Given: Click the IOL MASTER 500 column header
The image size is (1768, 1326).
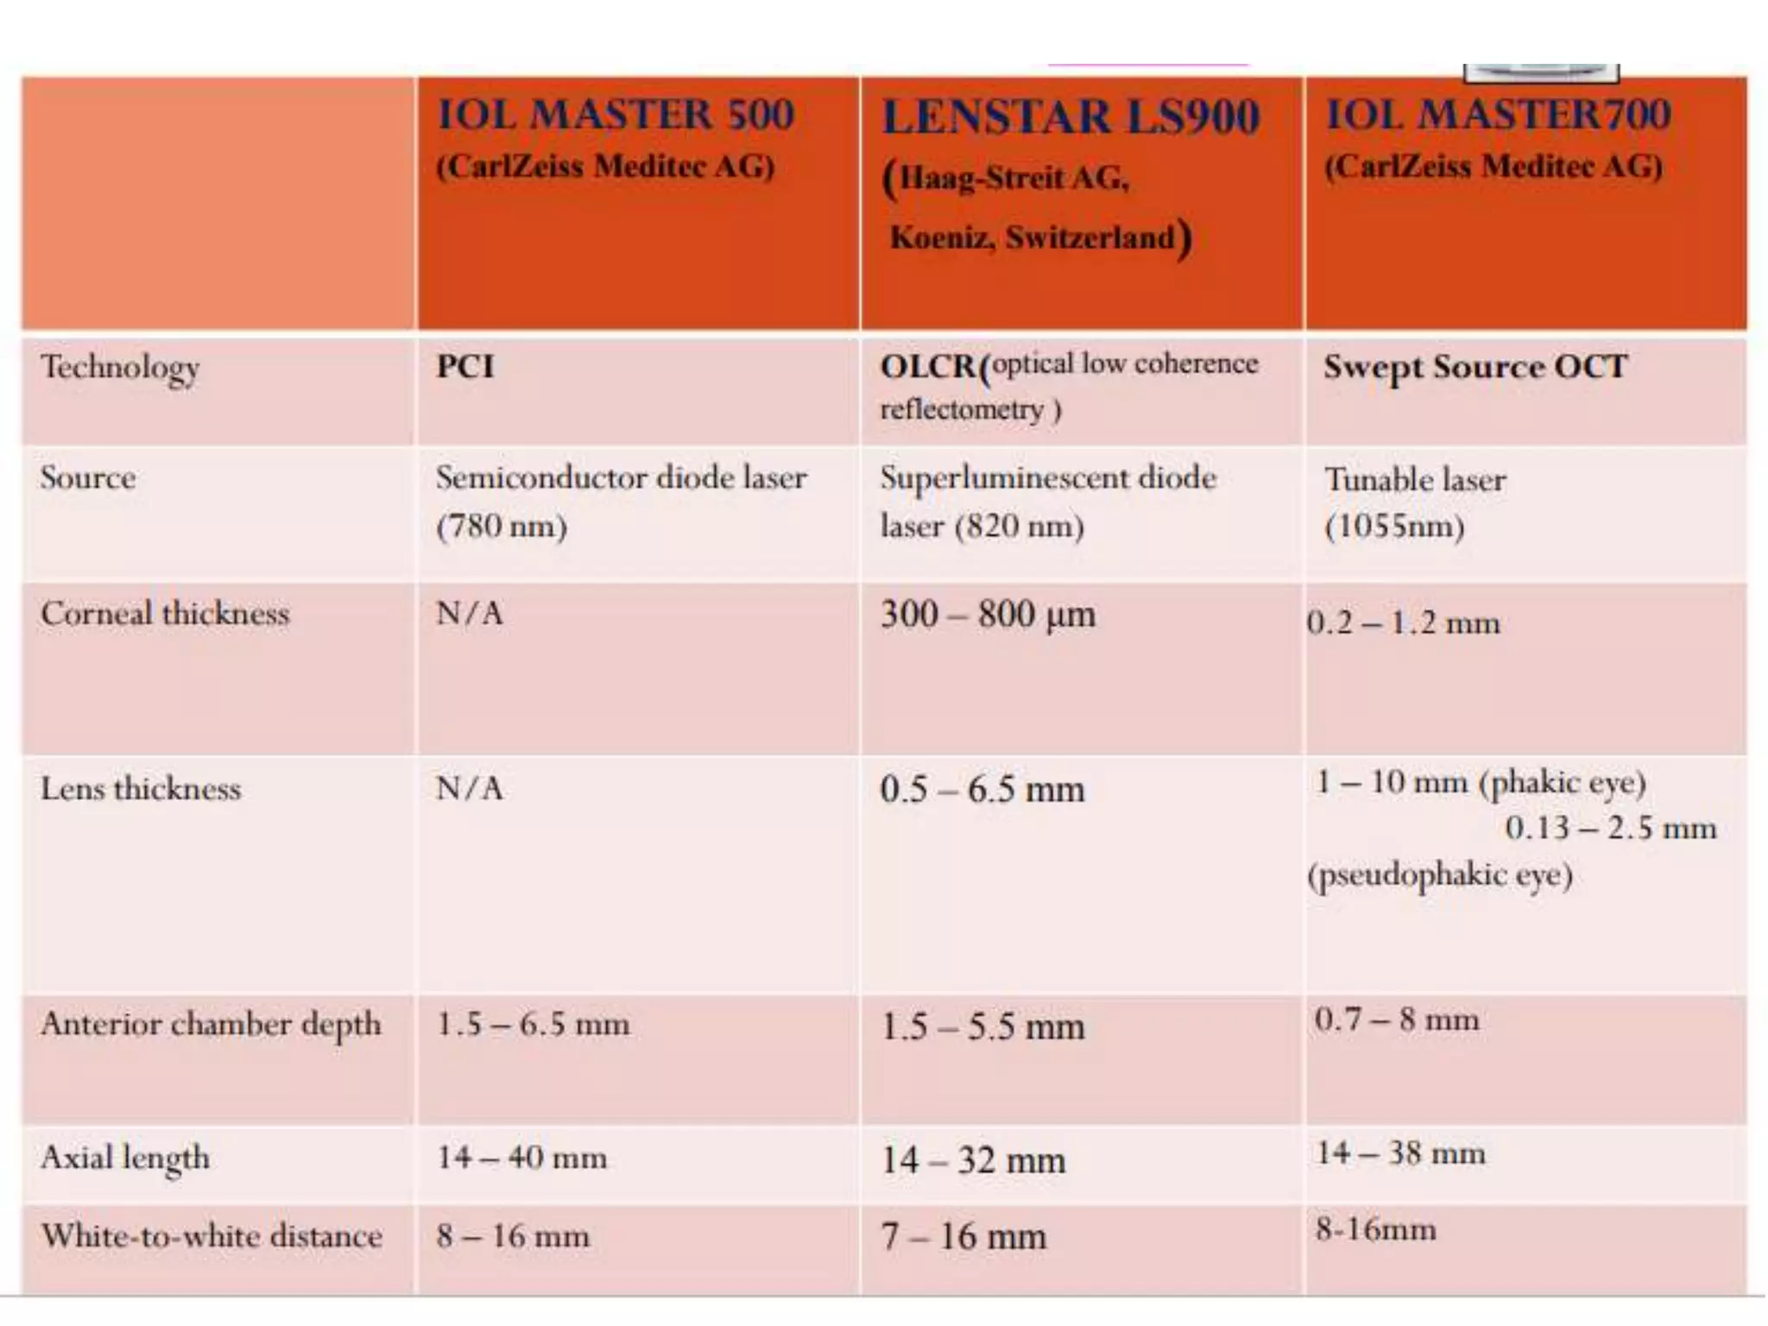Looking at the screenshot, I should click(615, 116).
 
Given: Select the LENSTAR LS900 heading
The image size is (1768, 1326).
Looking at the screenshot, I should click(1070, 118).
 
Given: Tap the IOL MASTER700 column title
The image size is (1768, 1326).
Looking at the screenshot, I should click(1498, 116).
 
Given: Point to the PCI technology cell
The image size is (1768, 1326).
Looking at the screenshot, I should click(465, 367).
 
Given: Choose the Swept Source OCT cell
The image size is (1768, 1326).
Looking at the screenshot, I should click(1475, 368).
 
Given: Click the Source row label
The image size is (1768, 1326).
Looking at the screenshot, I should click(88, 478).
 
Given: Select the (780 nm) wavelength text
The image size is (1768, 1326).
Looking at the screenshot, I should click(502, 527).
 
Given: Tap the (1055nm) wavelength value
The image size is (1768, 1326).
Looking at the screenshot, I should click(1394, 527).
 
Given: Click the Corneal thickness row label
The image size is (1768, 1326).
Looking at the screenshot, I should click(165, 614).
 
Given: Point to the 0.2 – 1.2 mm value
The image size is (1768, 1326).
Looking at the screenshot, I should click(1404, 622).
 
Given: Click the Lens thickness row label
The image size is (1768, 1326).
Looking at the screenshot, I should click(141, 789).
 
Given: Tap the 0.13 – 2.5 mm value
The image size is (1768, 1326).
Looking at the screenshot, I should click(1611, 829).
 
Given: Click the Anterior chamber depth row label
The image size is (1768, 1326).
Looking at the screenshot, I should click(211, 1025).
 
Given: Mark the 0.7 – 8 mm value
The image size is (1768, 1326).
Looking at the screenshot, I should click(1397, 1020).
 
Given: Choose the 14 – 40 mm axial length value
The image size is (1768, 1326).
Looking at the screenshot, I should click(521, 1158).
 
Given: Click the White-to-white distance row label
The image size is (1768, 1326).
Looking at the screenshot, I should click(212, 1236).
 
